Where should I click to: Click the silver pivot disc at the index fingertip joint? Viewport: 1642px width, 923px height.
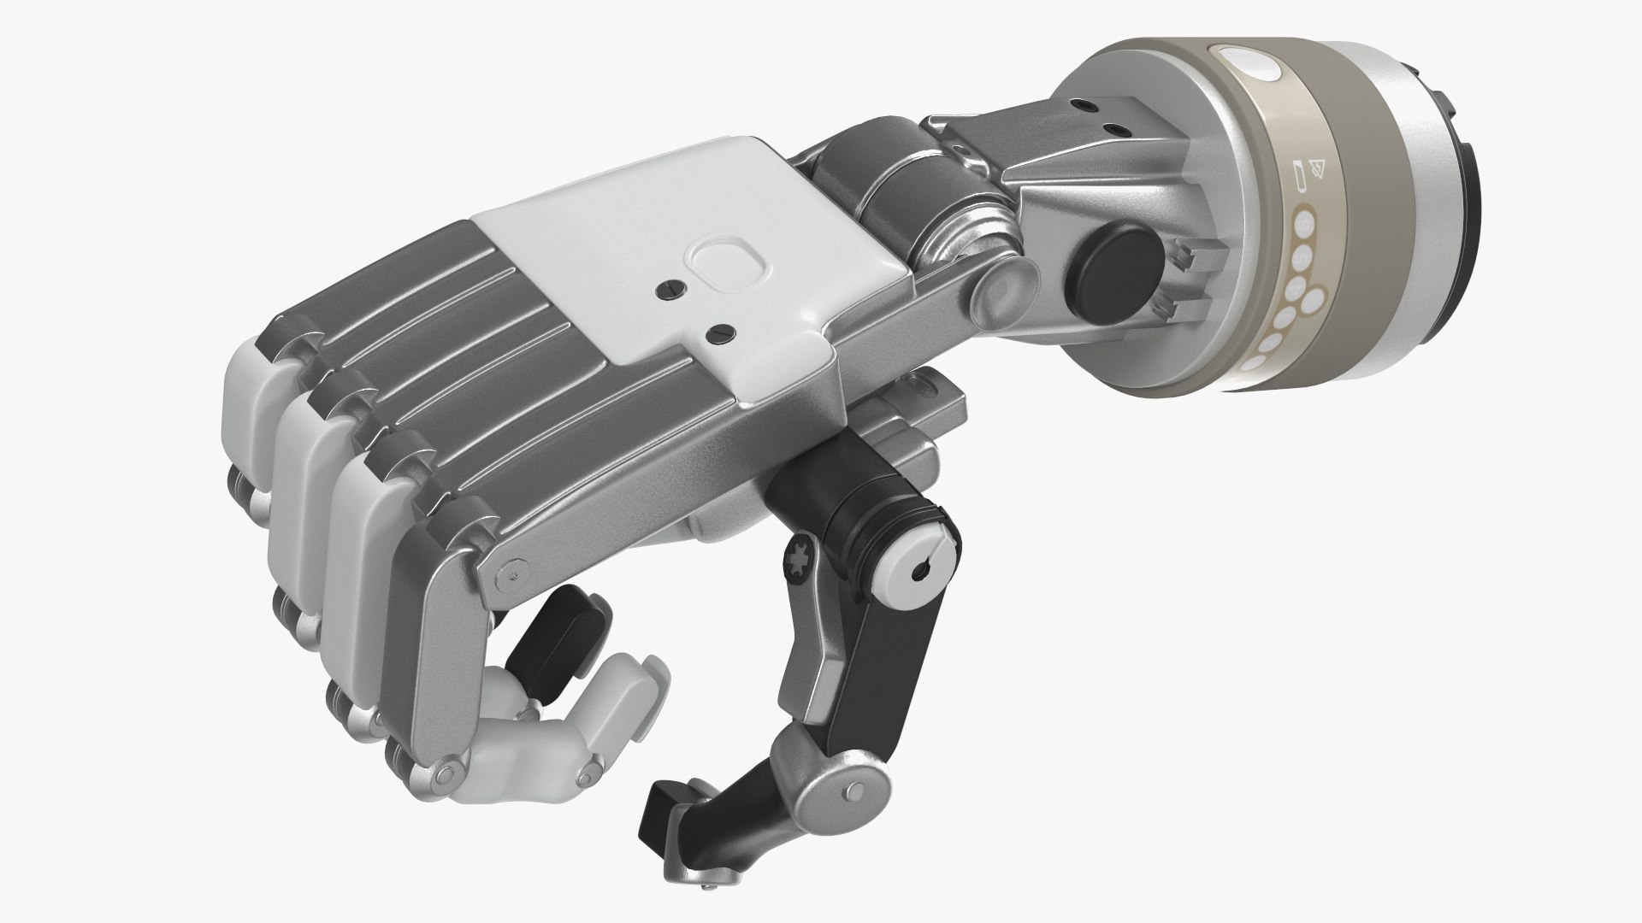coord(443,774)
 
